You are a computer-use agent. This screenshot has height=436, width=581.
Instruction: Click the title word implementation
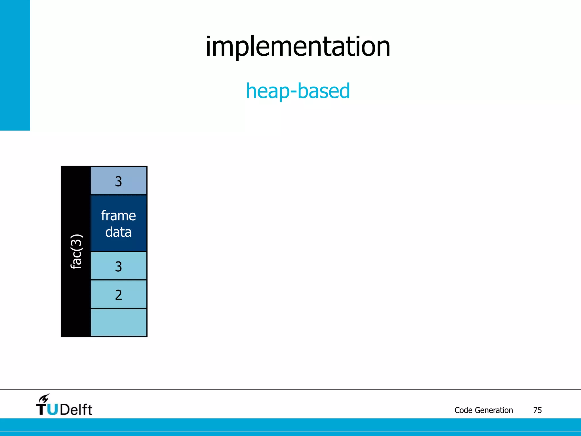pyautogui.click(x=298, y=47)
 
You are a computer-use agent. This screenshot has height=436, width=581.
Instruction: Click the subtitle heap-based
pyautogui.click(x=298, y=91)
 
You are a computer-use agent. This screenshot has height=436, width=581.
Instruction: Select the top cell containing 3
pyautogui.click(x=119, y=181)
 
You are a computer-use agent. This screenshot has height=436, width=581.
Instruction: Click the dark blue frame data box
pyautogui.click(x=119, y=223)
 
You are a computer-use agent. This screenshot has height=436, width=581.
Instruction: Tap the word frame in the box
pyautogui.click(x=119, y=216)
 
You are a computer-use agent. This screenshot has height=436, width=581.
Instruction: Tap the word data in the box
pyautogui.click(x=119, y=232)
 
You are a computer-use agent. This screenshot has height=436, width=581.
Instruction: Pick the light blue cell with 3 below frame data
pyautogui.click(x=119, y=266)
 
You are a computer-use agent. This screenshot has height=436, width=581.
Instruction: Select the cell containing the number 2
pyautogui.click(x=119, y=295)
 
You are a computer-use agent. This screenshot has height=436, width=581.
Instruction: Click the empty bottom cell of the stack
pyautogui.click(x=119, y=322)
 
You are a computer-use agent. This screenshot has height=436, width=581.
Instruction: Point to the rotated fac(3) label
pyautogui.click(x=76, y=251)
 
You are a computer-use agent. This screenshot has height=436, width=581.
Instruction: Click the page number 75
pyautogui.click(x=537, y=410)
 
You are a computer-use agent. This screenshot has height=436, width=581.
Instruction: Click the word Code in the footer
pyautogui.click(x=464, y=410)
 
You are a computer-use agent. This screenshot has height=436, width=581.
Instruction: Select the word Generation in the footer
pyautogui.click(x=494, y=410)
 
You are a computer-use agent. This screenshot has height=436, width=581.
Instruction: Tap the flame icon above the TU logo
pyautogui.click(x=44, y=399)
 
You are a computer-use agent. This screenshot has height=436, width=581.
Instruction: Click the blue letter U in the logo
pyautogui.click(x=52, y=410)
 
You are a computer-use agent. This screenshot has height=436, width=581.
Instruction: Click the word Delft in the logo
pyautogui.click(x=76, y=410)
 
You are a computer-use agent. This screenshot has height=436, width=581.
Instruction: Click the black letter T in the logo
pyautogui.click(x=41, y=410)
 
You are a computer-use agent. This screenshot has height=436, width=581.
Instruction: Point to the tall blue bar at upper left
pyautogui.click(x=15, y=65)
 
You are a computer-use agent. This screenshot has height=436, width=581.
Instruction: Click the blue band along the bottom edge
pyautogui.click(x=290, y=427)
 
